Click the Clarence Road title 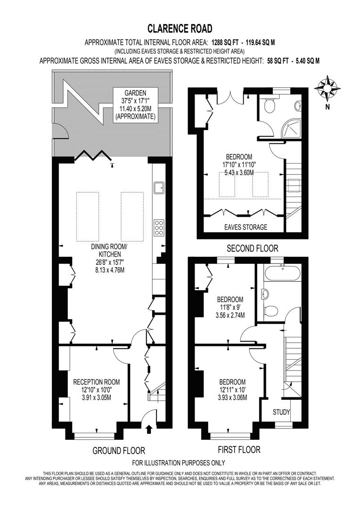click(x=180, y=29)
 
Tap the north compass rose click(x=327, y=89)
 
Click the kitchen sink click(x=158, y=188)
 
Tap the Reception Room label click(x=97, y=389)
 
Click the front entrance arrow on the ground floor click(x=150, y=428)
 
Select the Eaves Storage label click(x=245, y=227)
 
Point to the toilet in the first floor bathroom click(x=270, y=311)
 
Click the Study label click(x=281, y=412)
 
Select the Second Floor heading click(x=252, y=248)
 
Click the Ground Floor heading click(x=118, y=451)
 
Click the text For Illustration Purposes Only click(x=179, y=463)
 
